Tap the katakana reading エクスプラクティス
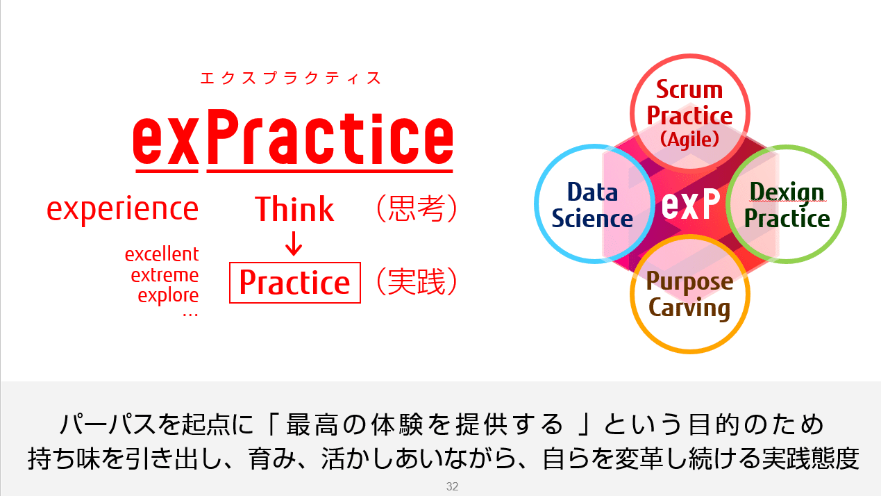point(291,78)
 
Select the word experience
point(123,209)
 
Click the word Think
point(294,208)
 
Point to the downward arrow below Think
point(294,243)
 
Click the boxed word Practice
point(295,283)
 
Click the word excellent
point(162,254)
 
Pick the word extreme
point(165,275)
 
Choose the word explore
point(168,296)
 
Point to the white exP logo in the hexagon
point(690,204)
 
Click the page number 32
point(452,486)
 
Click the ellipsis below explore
point(190,315)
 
